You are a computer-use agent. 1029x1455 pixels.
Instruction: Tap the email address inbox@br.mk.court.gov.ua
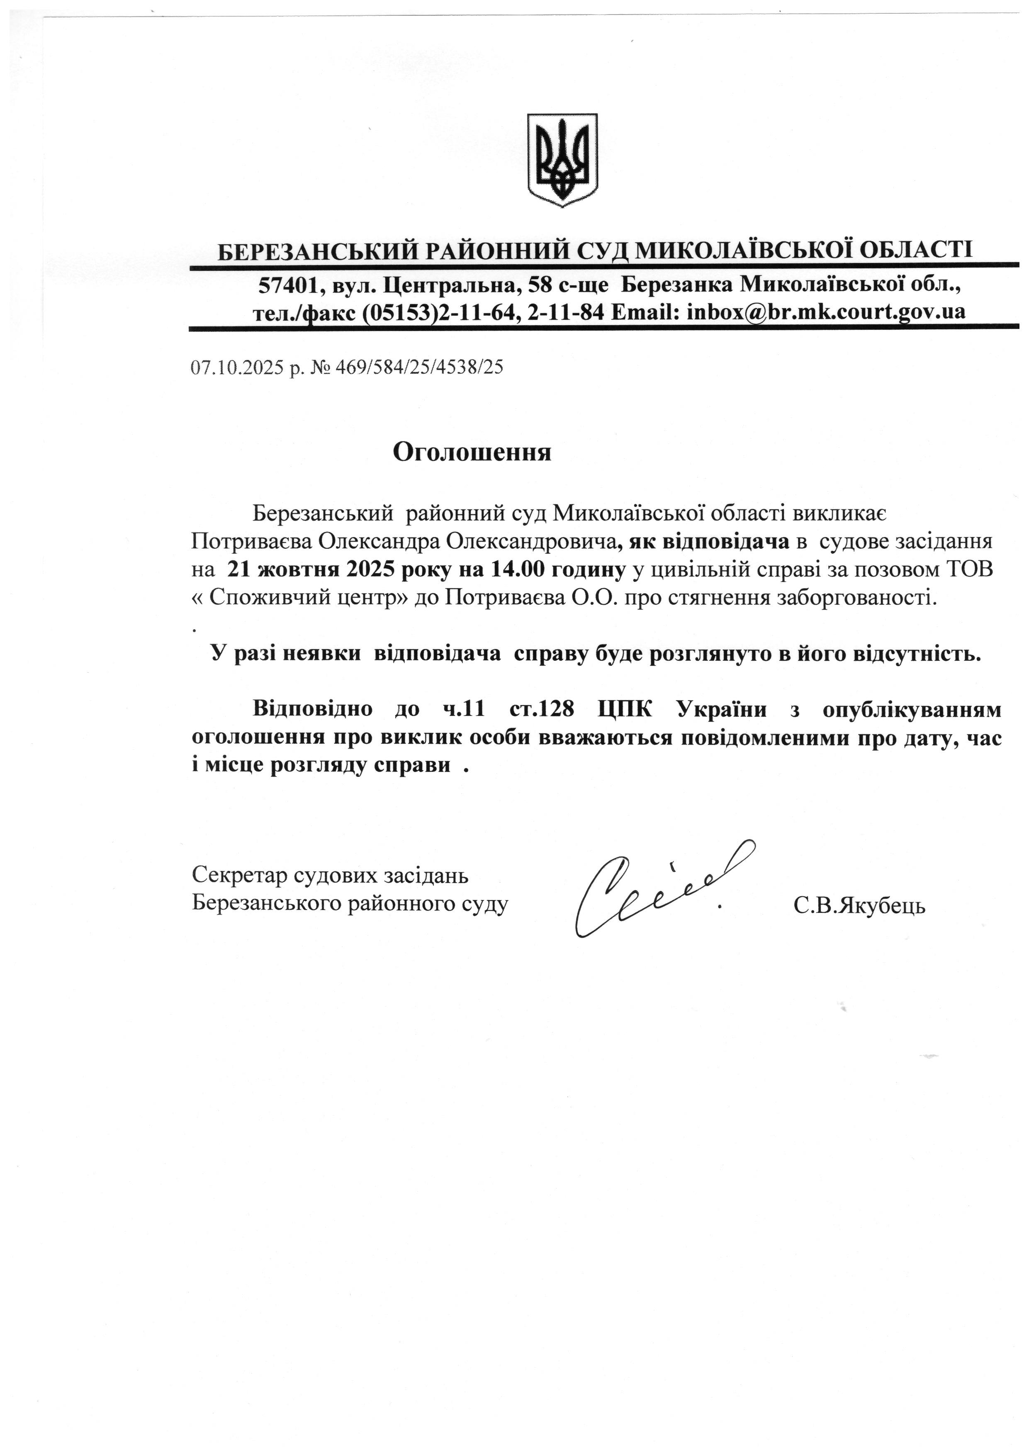pos(826,312)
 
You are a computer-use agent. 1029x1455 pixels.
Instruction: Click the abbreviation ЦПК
pos(625,709)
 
